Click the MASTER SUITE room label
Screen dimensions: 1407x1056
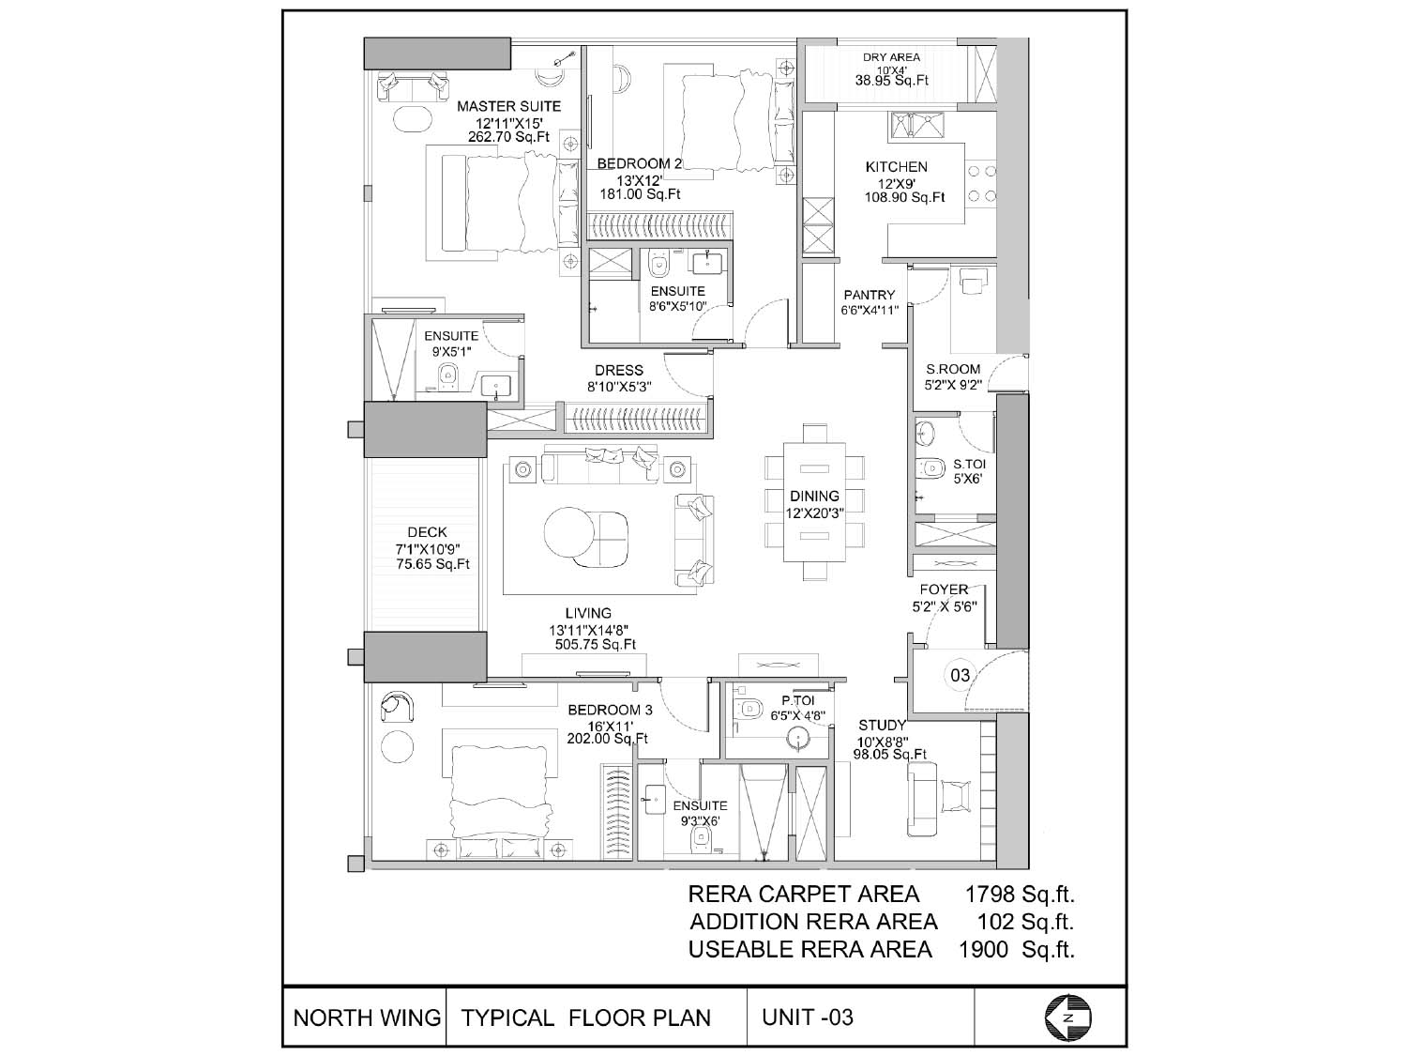point(508,106)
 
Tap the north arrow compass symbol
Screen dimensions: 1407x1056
point(1067,1018)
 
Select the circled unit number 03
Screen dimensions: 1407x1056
point(961,675)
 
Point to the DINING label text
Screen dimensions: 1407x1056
point(814,497)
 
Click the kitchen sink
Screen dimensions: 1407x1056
point(916,125)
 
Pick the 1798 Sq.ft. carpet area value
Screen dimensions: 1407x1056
point(1020,894)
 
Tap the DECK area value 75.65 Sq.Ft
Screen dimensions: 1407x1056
point(432,564)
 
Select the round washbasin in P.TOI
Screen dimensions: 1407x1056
point(798,740)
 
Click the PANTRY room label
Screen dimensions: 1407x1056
point(869,295)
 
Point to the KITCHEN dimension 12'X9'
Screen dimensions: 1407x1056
point(896,183)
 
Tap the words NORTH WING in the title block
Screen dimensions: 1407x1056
point(367,1018)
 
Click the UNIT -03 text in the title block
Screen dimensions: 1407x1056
point(808,1017)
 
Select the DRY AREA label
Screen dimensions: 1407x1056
point(891,57)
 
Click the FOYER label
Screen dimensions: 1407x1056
point(944,589)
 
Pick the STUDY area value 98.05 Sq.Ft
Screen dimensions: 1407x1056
point(890,755)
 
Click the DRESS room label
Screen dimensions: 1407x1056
point(618,371)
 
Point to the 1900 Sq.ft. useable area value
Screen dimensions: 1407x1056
point(1017,950)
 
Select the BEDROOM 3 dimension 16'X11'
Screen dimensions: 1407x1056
point(611,726)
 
